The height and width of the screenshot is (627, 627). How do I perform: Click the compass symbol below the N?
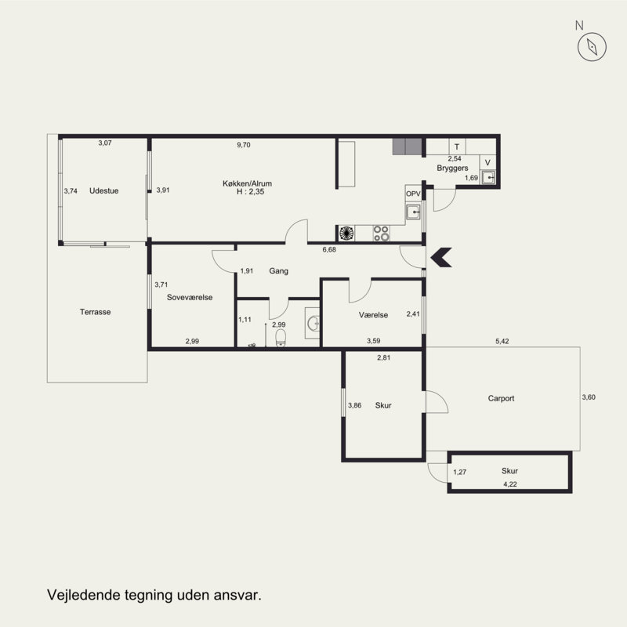(592, 47)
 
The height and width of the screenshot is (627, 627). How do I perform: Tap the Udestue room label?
(104, 190)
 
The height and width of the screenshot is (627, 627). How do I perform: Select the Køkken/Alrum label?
(247, 183)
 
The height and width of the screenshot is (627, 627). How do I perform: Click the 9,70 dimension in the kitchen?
(244, 145)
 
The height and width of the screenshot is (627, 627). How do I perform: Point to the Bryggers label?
(452, 168)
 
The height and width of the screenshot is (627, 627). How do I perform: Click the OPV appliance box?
(413, 194)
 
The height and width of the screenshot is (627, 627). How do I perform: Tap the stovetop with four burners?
(381, 233)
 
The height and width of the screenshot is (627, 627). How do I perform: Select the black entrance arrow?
(441, 257)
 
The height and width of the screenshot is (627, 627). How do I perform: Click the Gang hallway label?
(279, 271)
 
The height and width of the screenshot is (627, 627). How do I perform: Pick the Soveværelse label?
(190, 297)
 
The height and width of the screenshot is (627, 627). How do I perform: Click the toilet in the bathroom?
(281, 338)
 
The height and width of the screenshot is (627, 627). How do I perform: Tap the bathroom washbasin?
(313, 323)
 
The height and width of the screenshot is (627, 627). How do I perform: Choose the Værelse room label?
(374, 315)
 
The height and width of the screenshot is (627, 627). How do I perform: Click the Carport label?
(501, 398)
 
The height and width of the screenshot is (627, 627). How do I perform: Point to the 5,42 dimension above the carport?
(502, 341)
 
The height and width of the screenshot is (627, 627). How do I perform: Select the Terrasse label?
(95, 312)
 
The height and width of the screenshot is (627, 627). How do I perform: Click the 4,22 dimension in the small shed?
(510, 484)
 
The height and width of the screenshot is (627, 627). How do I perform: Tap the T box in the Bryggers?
(457, 147)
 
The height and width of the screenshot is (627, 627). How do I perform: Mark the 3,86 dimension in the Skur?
(355, 405)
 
